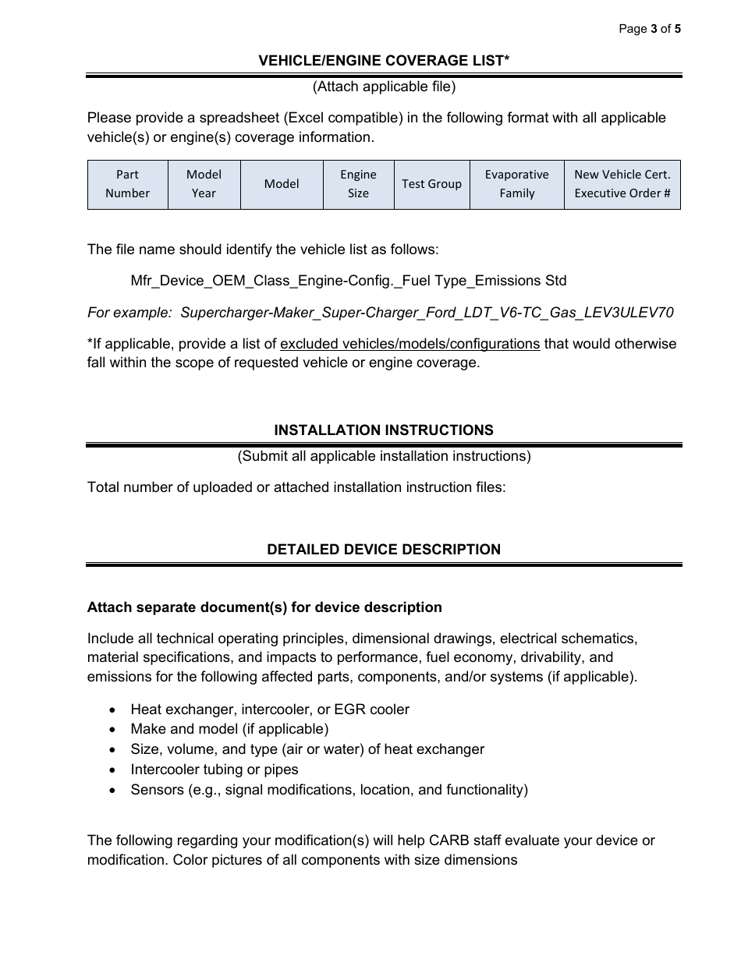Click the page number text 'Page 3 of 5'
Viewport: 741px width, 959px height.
pos(650,29)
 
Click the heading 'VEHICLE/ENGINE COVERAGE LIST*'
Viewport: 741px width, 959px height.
pos(384,60)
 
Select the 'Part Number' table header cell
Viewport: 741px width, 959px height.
pos(127,184)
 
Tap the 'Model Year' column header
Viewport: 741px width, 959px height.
pos(204,184)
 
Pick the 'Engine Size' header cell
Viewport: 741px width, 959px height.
pos(358,184)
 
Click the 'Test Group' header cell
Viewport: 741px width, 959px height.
pos(431,184)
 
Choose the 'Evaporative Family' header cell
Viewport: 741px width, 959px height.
pos(516,184)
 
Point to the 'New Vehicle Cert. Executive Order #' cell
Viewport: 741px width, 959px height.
pos(622,184)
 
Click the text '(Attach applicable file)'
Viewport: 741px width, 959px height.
pos(384,87)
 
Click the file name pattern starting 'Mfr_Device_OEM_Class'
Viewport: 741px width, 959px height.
pos(349,281)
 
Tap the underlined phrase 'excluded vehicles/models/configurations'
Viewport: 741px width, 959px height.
pos(409,344)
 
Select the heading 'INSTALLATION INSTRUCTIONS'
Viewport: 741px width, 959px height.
pos(384,430)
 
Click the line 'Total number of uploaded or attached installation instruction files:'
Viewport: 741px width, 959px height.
pos(296,487)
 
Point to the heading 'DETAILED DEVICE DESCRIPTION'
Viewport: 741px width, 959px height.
pos(384,550)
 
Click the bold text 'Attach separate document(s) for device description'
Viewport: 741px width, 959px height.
pos(264,607)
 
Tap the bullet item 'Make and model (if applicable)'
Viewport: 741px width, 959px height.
pos(229,729)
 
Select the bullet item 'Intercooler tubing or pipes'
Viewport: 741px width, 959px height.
pos(214,770)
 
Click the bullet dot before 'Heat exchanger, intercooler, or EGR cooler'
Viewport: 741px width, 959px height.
pos(114,710)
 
